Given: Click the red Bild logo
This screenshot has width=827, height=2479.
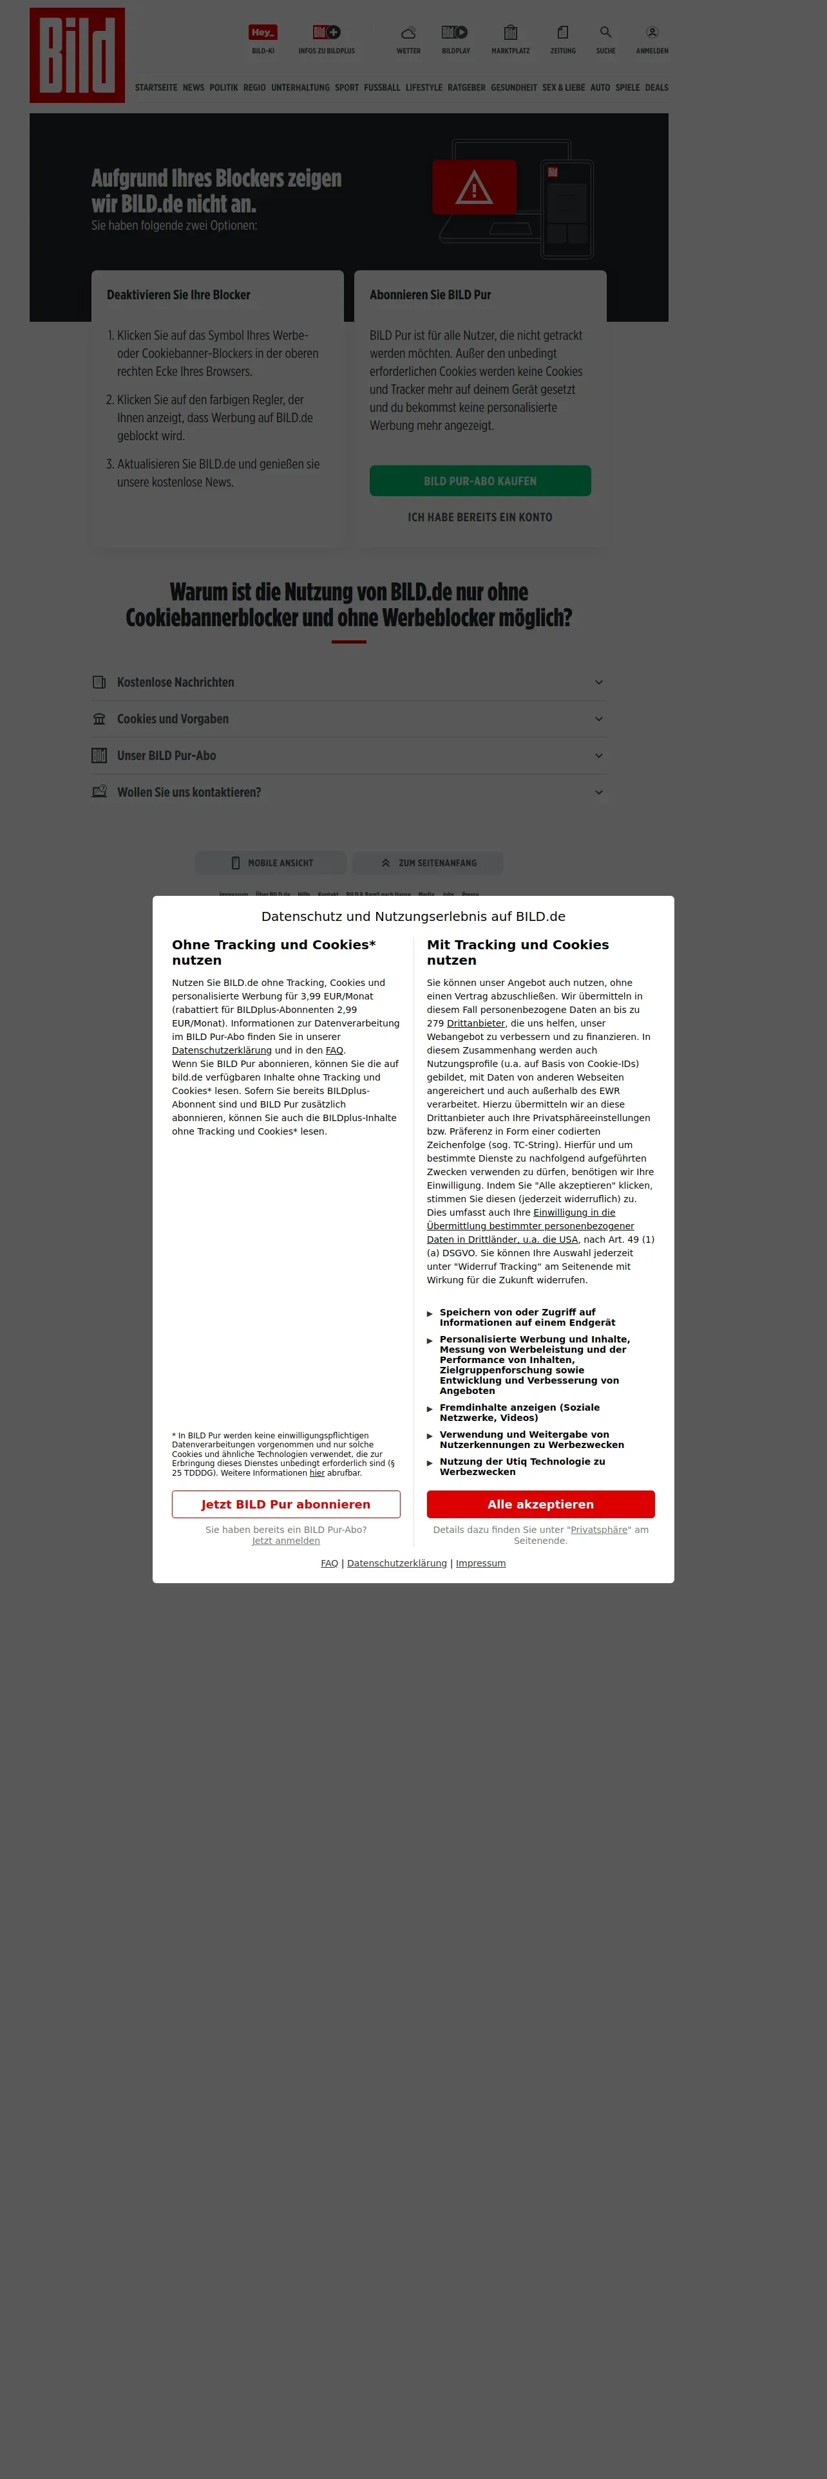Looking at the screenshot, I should click(77, 55).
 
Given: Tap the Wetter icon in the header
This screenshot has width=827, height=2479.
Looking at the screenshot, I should click(408, 33).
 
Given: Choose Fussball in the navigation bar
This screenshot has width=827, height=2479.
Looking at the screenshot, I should click(381, 88).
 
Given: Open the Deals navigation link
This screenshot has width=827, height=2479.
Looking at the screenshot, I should click(656, 88).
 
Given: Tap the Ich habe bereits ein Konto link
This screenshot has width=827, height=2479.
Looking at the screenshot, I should click(479, 517).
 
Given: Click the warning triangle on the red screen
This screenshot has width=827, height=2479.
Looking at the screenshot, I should click(473, 188).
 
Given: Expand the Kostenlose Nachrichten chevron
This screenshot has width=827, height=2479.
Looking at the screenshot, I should click(599, 682).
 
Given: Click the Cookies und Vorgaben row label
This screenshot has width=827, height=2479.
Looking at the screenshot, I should click(173, 719).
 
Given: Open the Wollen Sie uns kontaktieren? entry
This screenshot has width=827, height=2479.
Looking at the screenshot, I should click(189, 792).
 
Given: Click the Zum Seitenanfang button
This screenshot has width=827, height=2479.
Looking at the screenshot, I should click(428, 863).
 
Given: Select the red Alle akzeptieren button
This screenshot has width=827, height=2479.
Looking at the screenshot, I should click(540, 1504).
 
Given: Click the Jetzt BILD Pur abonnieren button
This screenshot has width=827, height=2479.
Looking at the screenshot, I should click(286, 1504).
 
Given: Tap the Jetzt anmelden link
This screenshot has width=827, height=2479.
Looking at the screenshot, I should click(286, 1541).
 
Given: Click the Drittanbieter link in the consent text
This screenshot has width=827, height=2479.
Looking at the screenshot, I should click(475, 1023).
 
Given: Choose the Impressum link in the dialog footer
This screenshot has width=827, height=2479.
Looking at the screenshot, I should click(480, 1563).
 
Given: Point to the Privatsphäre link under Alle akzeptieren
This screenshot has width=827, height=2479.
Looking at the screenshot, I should click(599, 1529).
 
